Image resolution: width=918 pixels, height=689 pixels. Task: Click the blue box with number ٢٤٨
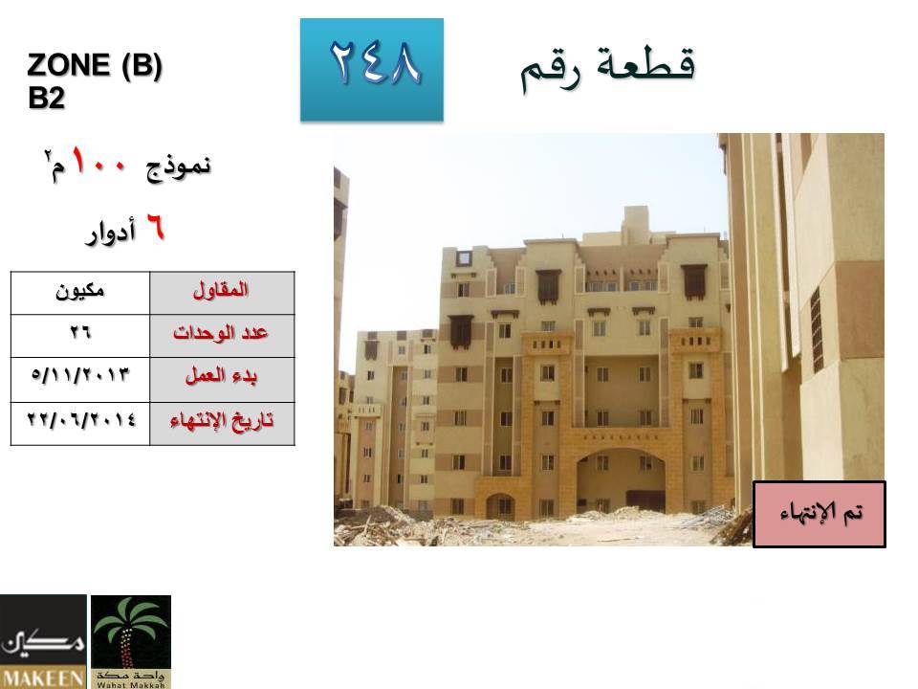point(372,70)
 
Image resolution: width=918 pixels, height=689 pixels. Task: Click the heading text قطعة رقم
point(608,68)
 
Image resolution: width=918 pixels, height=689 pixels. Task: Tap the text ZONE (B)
point(95,65)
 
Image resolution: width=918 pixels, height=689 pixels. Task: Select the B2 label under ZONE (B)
point(46,98)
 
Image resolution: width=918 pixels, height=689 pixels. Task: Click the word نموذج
point(178,167)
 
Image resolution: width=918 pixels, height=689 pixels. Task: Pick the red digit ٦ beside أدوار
point(155,228)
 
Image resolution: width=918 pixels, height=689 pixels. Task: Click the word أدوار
point(111,232)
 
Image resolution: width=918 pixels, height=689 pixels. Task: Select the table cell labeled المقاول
point(222,293)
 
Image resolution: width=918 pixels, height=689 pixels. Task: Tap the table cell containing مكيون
point(80,293)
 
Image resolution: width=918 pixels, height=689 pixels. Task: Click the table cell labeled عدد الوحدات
point(222,336)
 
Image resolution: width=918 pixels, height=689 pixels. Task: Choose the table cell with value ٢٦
point(80,336)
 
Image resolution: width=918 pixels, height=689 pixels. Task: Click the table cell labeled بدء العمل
point(222,380)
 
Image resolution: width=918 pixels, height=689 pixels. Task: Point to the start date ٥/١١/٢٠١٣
point(80,374)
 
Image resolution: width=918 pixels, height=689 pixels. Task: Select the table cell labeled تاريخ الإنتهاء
point(222,424)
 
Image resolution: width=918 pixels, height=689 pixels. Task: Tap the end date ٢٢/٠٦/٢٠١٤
point(80,419)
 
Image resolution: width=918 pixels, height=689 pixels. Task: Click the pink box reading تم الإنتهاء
point(820,515)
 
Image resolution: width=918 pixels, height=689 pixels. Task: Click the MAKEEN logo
point(43,641)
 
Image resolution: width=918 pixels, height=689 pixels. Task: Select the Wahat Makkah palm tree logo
point(131,641)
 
